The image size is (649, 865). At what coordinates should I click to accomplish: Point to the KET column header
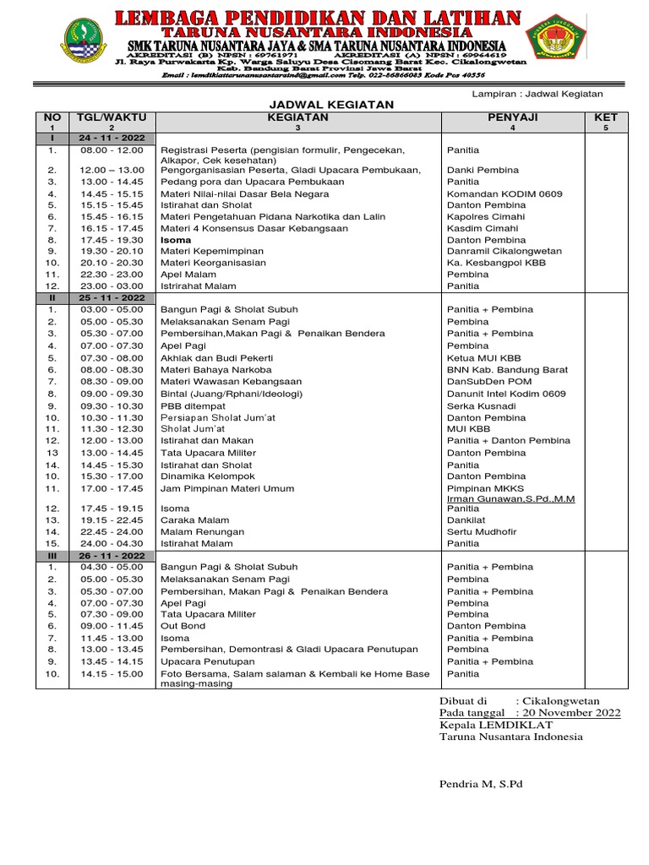pos(606,117)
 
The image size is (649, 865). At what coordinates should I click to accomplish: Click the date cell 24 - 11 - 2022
pos(112,137)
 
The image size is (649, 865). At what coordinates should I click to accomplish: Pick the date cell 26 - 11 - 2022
pos(112,555)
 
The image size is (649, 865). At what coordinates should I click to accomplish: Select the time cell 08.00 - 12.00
pos(112,150)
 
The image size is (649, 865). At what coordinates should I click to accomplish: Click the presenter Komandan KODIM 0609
pos(504,193)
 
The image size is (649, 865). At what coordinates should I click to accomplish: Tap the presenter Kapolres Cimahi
pos(485,217)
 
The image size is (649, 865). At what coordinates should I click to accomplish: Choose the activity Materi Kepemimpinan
pos(212,251)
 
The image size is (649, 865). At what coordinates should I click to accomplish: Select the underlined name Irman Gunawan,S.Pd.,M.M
pos(510,499)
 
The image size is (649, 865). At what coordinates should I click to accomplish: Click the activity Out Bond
pos(183,626)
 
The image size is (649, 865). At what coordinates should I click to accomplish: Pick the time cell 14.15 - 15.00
pos(112,674)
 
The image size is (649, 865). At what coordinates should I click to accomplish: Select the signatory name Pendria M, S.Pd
pos(481,784)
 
